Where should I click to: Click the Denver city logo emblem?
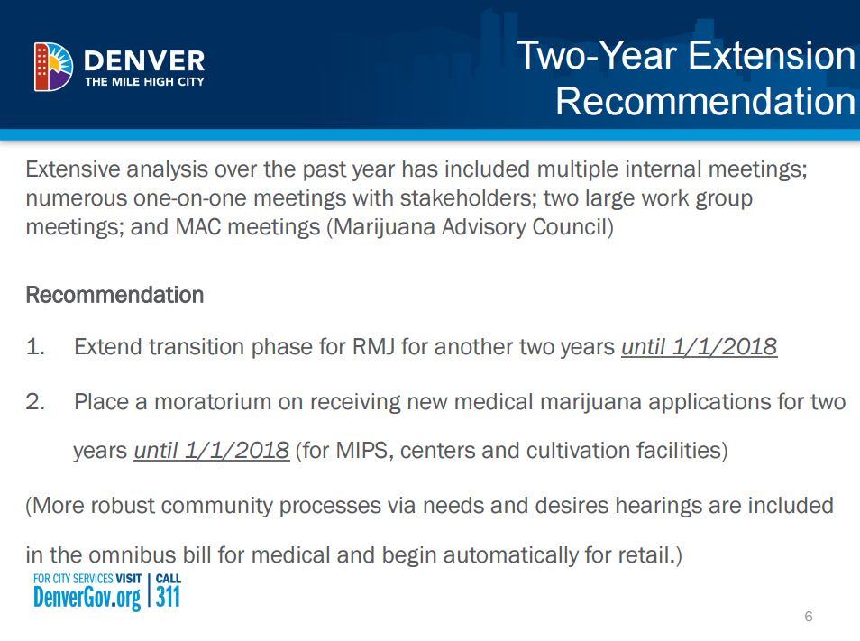tap(53, 67)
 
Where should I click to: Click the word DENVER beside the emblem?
tap(144, 61)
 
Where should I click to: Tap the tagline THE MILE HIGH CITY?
tap(144, 82)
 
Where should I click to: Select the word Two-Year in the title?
tap(599, 55)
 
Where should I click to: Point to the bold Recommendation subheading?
tap(114, 295)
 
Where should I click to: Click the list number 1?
tap(34, 346)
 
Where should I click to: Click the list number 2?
tap(34, 402)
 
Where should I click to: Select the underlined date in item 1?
tap(700, 347)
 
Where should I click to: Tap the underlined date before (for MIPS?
tap(212, 451)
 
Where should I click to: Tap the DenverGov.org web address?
tap(87, 597)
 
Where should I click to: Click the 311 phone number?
tap(168, 597)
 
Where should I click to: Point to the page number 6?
tap(809, 617)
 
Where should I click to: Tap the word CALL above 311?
tap(169, 579)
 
